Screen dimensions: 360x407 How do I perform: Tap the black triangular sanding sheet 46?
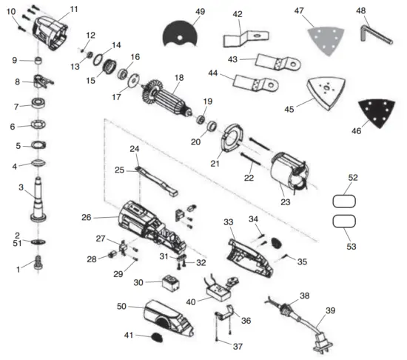(374, 115)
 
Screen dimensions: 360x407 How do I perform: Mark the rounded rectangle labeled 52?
(344, 199)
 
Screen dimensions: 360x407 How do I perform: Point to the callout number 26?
(86, 218)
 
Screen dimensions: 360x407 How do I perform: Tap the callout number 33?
(228, 221)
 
